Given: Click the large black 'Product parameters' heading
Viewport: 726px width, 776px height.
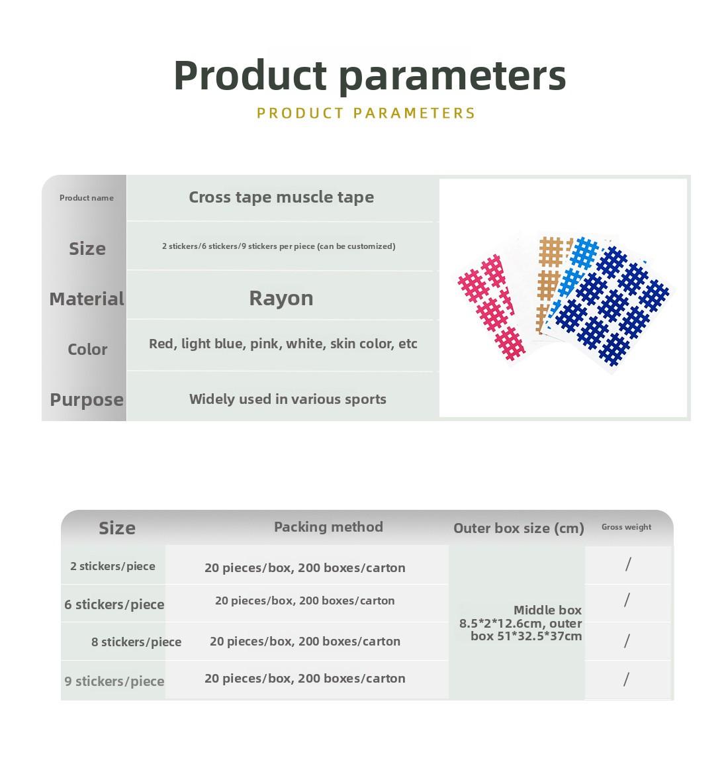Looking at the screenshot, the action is tap(369, 75).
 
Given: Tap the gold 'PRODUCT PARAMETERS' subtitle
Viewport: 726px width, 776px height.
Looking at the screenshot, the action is tap(366, 113).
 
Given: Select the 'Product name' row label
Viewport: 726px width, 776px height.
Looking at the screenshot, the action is tap(87, 198).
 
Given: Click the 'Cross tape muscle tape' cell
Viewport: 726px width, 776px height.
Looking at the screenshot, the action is tap(281, 197).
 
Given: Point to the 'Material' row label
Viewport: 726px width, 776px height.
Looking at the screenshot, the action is tap(87, 299).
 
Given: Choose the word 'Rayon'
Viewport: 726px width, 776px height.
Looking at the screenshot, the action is tap(281, 299).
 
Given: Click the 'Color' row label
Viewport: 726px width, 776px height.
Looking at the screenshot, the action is tap(87, 350).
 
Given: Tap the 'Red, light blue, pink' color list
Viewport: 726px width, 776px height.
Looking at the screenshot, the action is tap(283, 344).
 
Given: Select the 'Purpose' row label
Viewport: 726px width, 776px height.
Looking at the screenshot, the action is tap(87, 400).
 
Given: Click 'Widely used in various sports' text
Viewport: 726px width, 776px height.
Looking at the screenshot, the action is tap(288, 399).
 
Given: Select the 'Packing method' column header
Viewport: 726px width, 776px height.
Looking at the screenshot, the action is tap(328, 526).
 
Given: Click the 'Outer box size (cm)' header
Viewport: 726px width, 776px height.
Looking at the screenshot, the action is tap(519, 528).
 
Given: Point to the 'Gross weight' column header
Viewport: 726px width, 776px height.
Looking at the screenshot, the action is tap(626, 527).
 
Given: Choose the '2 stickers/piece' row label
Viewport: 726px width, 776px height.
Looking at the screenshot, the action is tap(113, 566).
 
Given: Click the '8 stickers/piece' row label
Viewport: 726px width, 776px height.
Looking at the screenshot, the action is tap(136, 642).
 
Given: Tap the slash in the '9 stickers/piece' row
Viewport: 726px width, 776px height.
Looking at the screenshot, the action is tap(626, 679).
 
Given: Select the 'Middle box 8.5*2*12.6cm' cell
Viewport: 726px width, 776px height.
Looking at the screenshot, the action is tap(520, 623).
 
